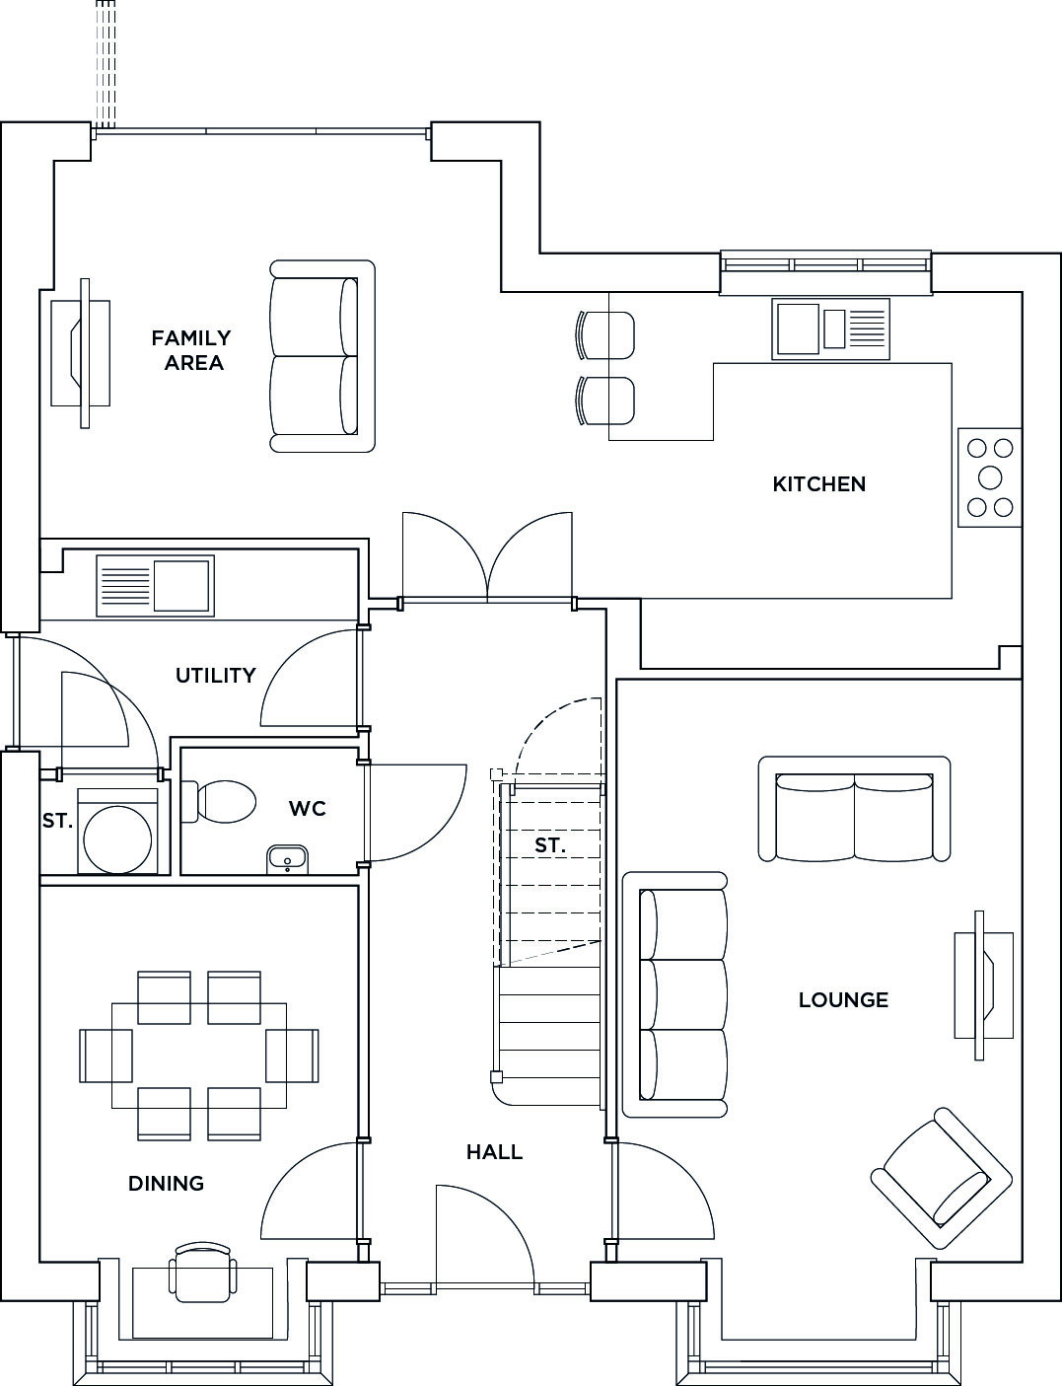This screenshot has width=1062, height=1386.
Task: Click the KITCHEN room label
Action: [819, 484]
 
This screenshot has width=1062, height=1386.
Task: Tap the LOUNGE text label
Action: [843, 999]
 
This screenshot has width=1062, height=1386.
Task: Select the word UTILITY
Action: [216, 675]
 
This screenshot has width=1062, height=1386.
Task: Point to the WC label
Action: [308, 809]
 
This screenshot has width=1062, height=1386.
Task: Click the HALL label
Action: [494, 1152]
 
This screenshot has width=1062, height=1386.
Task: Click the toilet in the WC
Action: [218, 801]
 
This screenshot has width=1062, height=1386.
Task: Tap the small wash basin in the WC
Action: [288, 859]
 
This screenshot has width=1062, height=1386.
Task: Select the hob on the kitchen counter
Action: [989, 477]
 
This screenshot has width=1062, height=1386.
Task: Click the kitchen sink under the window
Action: [830, 328]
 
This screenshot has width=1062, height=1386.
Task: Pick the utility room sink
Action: [155, 586]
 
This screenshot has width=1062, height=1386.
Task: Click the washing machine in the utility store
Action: [117, 831]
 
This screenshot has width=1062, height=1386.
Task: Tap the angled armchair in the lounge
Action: [942, 1178]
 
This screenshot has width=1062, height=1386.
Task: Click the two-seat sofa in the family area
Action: [321, 356]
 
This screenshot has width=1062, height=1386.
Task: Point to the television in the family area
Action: [81, 353]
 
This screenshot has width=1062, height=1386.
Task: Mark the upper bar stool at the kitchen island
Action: [604, 335]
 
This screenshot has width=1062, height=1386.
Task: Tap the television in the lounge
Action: [983, 985]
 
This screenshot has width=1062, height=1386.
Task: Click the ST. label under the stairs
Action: [549, 845]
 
